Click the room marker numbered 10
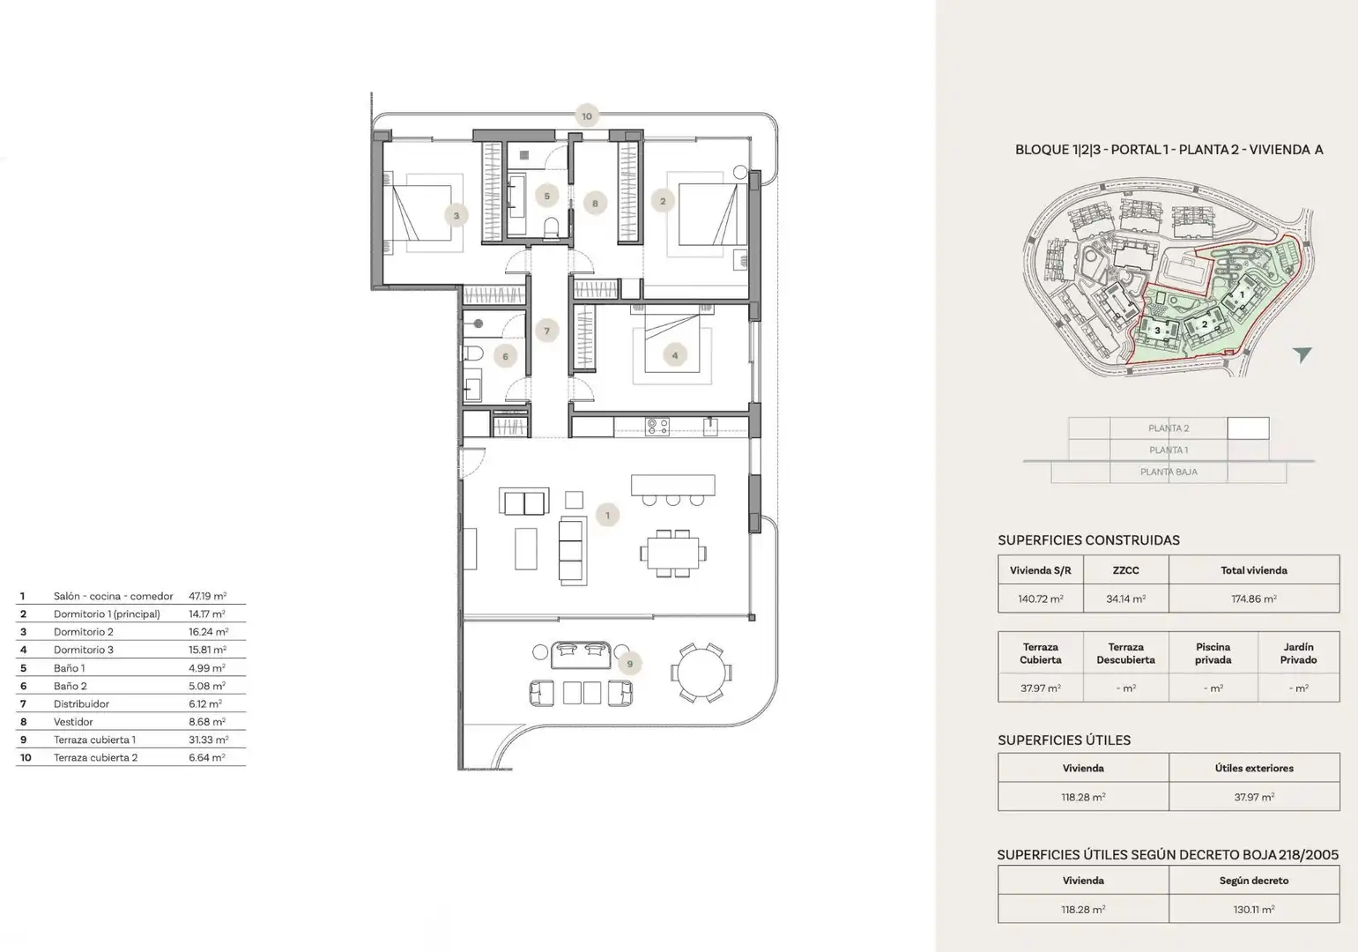click(x=586, y=116)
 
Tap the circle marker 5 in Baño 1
click(x=547, y=196)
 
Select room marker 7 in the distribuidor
click(x=547, y=331)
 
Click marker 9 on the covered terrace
click(x=629, y=664)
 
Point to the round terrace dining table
click(x=701, y=673)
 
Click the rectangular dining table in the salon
click(x=673, y=553)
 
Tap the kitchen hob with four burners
click(x=657, y=427)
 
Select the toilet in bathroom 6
click(x=473, y=353)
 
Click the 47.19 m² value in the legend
click(x=207, y=596)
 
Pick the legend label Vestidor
click(x=73, y=722)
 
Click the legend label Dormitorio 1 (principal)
click(x=107, y=614)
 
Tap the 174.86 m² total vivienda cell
click(x=1254, y=599)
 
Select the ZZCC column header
click(x=1126, y=570)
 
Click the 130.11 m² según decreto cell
click(x=1254, y=909)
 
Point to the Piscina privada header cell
click(x=1213, y=653)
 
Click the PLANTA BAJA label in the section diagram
click(x=1169, y=472)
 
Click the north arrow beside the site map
click(x=1302, y=354)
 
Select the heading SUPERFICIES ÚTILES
click(x=1064, y=740)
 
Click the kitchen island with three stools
click(x=673, y=490)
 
